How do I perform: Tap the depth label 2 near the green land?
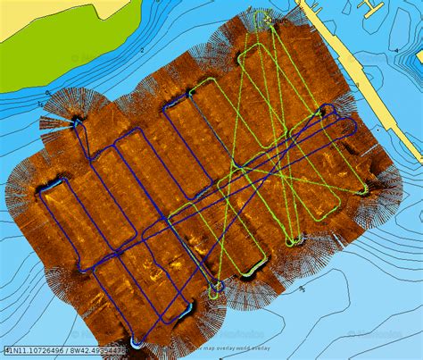coord(143,51)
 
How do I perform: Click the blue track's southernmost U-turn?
coord(137,342)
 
